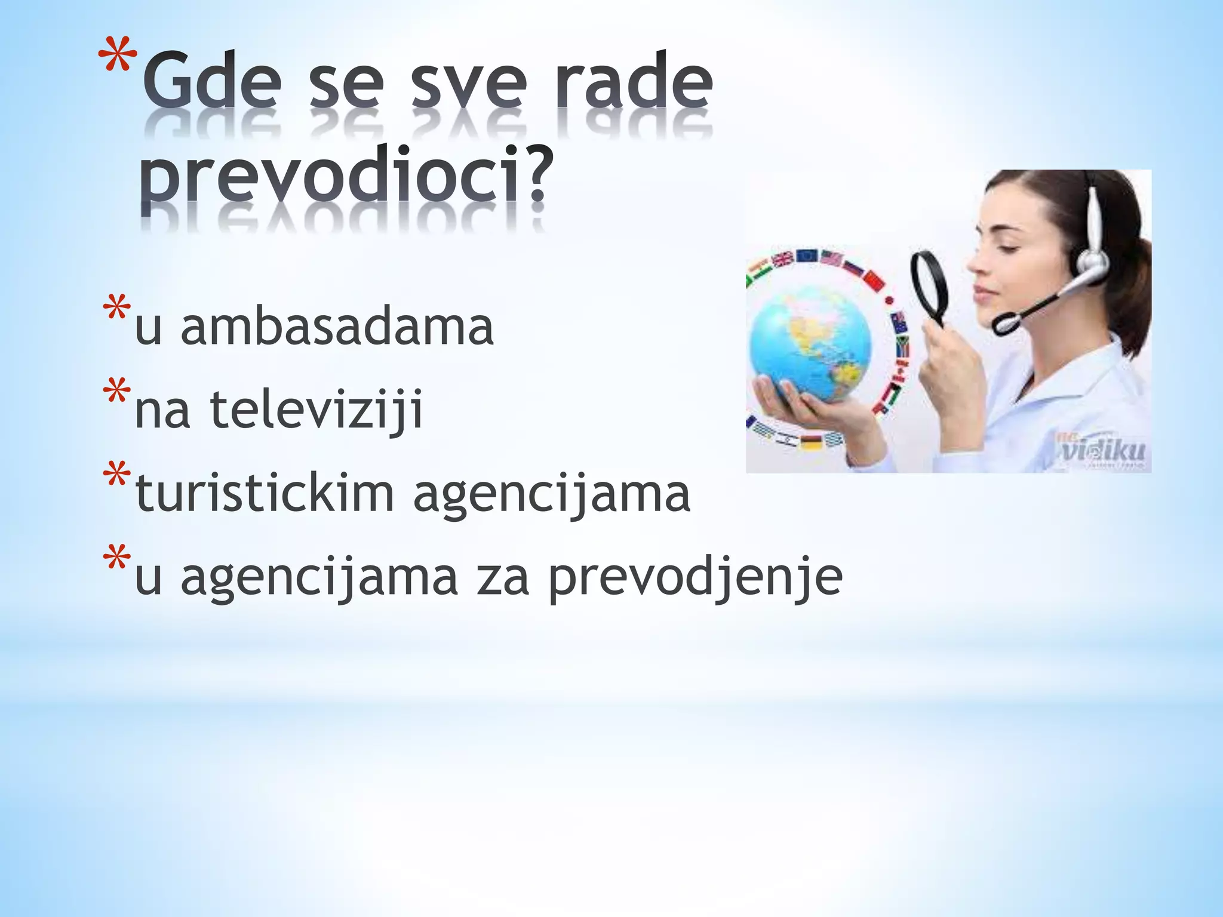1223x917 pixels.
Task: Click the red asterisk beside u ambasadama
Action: tap(116, 309)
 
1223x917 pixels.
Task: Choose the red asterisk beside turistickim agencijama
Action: tap(116, 476)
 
